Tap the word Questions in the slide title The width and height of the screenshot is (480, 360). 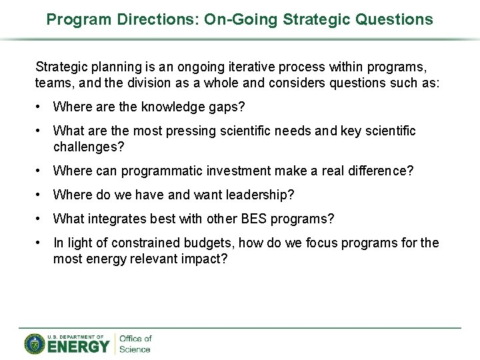[x=394, y=19]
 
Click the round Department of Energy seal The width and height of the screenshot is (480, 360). [x=35, y=344]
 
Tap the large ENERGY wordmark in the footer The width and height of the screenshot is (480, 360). [x=78, y=346]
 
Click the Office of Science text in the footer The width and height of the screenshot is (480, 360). [x=135, y=344]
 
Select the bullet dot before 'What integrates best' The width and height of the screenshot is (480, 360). [x=40, y=219]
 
